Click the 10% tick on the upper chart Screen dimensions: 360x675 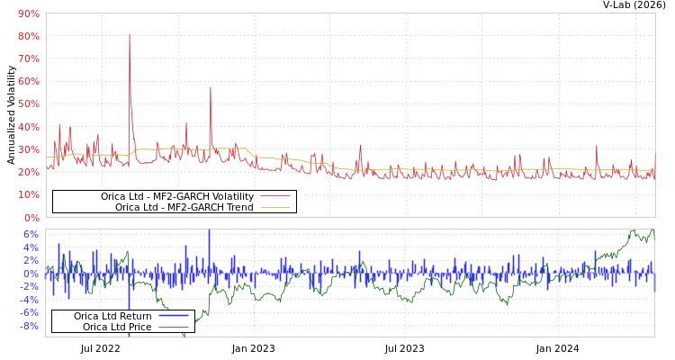coord(28,194)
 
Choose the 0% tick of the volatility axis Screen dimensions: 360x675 coord(31,218)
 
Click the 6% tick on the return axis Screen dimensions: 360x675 coord(31,235)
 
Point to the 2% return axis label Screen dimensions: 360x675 coord(31,261)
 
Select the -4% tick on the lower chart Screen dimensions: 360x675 coord(29,300)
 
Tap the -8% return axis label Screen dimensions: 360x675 coord(29,326)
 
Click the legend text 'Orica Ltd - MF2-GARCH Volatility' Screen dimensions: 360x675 coord(176,196)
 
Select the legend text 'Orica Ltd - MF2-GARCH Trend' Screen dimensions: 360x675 coord(184,208)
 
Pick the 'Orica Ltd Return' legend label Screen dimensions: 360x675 coord(112,316)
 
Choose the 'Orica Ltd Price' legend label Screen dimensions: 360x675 coord(117,327)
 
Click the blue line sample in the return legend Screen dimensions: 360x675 coord(173,316)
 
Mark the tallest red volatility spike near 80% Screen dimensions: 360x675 coord(130,35)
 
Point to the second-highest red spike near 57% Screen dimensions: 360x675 coord(211,88)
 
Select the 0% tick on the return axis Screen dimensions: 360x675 coord(31,274)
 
